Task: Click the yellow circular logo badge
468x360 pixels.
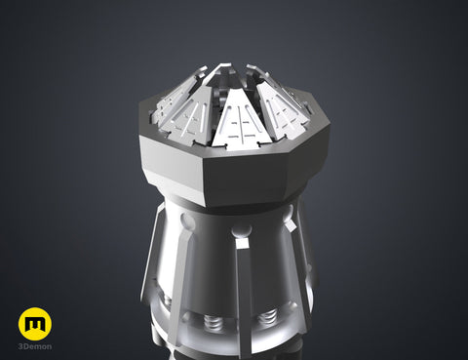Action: [35, 324]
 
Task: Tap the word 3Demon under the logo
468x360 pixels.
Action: [35, 346]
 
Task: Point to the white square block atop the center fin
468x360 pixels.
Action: [242, 243]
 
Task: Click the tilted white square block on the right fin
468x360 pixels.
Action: [291, 224]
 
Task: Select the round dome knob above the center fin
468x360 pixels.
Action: [241, 230]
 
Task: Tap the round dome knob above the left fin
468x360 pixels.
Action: [187, 220]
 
